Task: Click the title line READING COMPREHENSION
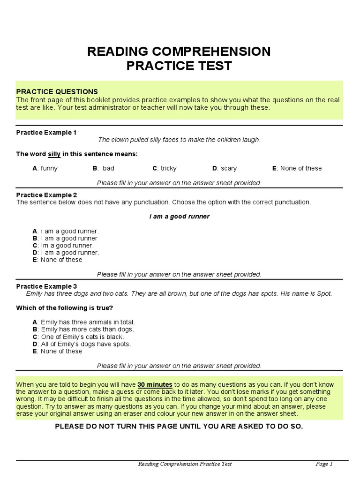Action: coord(179,52)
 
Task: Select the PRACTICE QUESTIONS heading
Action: coord(57,92)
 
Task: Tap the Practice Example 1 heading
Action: coord(46,133)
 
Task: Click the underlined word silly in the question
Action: coord(54,154)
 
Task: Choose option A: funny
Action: coord(45,168)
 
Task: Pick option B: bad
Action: coord(103,168)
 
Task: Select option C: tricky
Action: coord(165,168)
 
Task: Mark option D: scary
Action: coord(225,168)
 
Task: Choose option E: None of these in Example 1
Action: coord(297,168)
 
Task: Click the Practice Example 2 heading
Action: coord(46,195)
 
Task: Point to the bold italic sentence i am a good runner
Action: coord(179,217)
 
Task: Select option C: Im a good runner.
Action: coord(63,246)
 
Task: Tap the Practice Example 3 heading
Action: coord(46,286)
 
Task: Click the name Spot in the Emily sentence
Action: coord(324,294)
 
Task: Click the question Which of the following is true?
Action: coord(65,308)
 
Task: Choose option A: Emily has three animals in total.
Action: coord(83,322)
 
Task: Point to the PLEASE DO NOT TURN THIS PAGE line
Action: coord(179,426)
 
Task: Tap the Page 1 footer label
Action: coord(324,464)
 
